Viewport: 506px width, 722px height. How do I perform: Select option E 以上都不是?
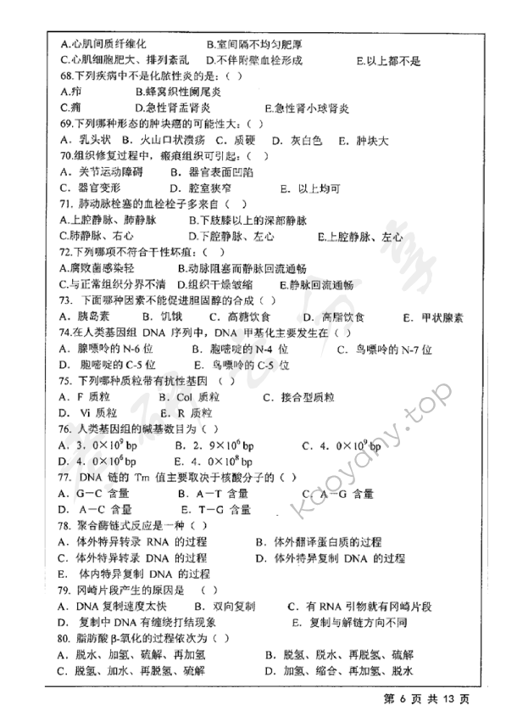389,60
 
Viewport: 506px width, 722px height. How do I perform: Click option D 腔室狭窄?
201,188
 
